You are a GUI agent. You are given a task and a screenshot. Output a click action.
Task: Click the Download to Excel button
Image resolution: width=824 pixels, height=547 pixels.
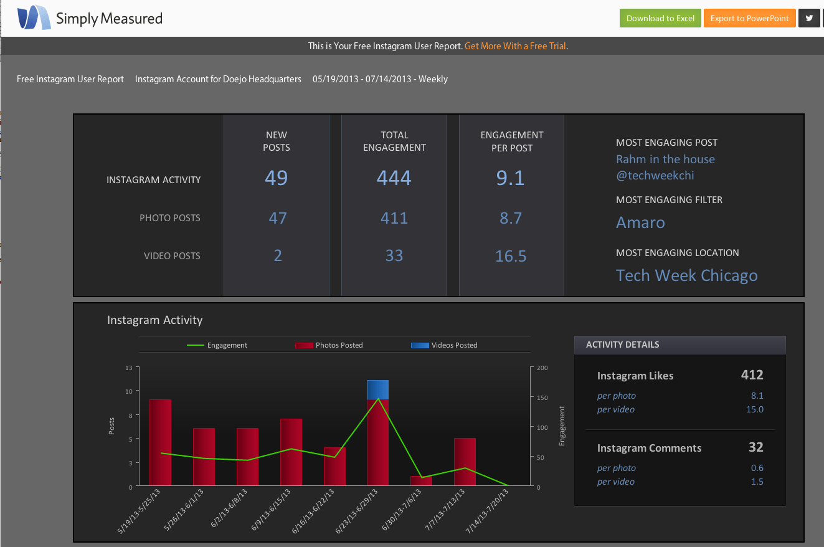(660, 18)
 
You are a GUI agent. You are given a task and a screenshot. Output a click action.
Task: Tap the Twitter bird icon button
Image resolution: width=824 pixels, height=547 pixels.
(809, 18)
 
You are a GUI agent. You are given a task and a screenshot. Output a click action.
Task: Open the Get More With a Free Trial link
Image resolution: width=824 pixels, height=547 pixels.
(516, 46)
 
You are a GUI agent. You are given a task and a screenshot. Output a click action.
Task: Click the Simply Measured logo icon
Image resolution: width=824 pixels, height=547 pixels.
(34, 17)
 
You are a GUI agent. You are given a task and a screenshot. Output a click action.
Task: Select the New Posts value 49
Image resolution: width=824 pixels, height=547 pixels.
(276, 178)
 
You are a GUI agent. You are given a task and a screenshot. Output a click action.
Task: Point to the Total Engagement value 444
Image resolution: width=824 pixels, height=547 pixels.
(394, 178)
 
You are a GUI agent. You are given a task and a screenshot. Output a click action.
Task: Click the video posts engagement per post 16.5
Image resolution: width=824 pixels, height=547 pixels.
(511, 256)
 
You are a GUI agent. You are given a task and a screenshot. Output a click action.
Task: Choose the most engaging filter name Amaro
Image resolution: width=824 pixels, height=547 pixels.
(640, 222)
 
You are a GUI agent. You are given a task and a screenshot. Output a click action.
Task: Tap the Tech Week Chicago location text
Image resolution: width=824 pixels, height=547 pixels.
(686, 275)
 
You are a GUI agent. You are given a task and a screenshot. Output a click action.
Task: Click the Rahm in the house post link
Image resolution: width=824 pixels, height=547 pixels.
(665, 159)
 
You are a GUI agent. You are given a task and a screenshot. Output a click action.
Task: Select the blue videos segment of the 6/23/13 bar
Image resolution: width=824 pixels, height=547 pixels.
(377, 389)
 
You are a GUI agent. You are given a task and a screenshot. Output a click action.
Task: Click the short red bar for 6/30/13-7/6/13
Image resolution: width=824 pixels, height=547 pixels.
(421, 480)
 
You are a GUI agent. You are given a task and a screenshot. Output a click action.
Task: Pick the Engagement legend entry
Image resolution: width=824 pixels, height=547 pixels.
(217, 345)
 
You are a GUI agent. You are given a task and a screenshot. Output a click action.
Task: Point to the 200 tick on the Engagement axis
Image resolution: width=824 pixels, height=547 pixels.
(542, 368)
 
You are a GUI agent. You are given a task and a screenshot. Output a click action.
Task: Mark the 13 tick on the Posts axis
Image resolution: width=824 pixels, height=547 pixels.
(128, 368)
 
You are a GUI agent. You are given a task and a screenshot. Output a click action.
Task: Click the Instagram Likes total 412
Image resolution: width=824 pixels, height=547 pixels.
(752, 375)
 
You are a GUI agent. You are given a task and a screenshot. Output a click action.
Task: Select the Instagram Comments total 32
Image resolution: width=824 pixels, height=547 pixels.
(755, 447)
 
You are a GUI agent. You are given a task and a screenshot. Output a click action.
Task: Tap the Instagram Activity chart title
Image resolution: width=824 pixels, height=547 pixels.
(155, 320)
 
